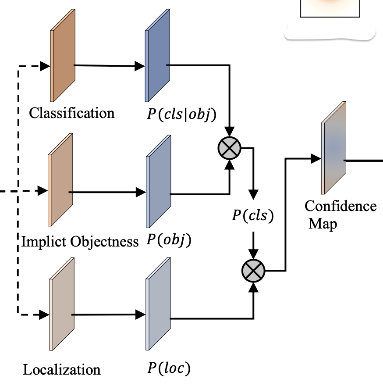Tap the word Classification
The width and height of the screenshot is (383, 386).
click(71, 113)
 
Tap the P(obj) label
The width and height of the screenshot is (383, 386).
click(169, 241)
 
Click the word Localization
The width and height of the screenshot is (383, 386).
click(62, 369)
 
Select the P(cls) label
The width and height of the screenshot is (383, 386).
click(253, 216)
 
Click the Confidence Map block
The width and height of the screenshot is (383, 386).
click(333, 149)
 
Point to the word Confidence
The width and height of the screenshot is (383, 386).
click(340, 206)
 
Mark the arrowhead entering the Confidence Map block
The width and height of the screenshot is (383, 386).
click(316, 159)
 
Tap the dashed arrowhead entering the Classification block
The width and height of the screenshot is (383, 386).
click(45, 67)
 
